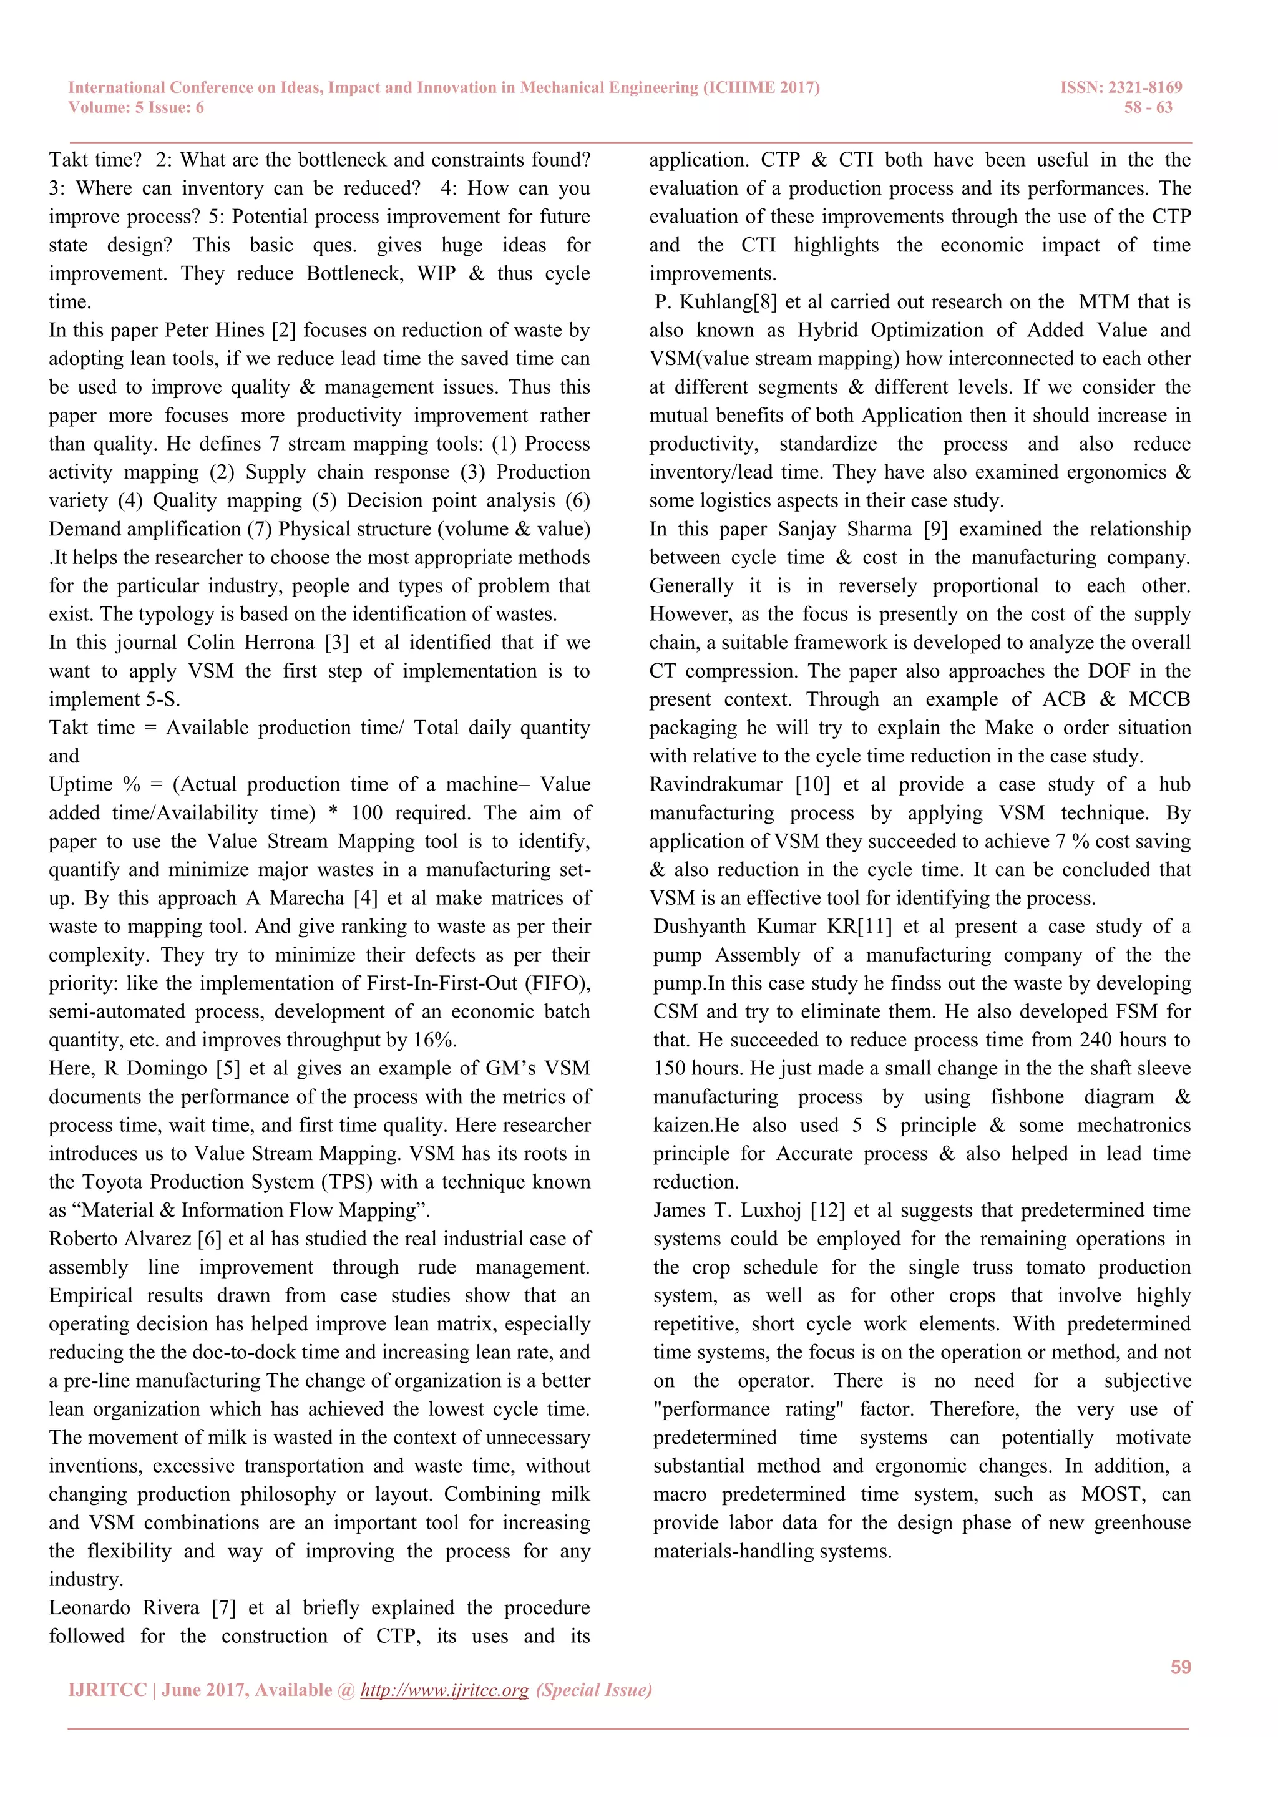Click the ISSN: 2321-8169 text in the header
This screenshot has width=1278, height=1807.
(1121, 87)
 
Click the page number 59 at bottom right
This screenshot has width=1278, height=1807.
(1181, 1667)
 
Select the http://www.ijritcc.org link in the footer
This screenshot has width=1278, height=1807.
(445, 1690)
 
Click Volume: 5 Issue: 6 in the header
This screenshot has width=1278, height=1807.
(136, 108)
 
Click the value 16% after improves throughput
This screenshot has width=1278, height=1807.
(434, 1040)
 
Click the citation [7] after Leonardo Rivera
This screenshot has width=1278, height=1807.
(223, 1608)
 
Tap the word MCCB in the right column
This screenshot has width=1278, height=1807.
(1159, 699)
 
